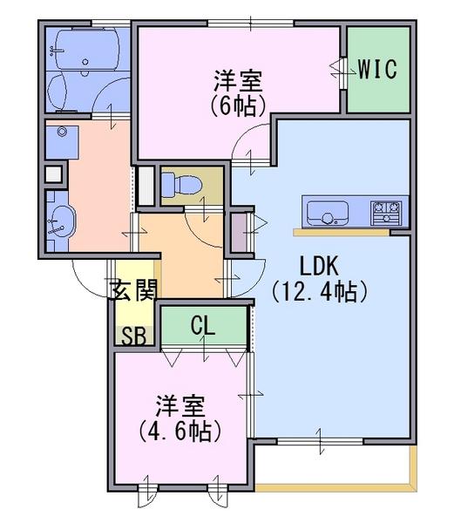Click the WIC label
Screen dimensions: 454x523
377,69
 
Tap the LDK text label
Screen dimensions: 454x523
320,266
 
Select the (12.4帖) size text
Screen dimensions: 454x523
320,291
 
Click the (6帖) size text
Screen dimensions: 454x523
238,105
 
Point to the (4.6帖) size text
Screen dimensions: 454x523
180,431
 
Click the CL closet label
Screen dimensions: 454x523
203,325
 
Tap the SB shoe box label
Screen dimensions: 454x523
134,336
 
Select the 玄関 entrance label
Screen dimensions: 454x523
133,290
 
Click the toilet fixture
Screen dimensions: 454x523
181,185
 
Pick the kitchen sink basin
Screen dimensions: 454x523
328,214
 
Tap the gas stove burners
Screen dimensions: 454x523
386,214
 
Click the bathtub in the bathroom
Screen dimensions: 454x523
86,49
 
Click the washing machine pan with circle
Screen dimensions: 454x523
63,142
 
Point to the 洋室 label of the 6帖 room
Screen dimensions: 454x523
238,81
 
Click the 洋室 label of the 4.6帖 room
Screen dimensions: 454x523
180,406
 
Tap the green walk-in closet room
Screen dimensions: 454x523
378,70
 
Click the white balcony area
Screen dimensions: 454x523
333,464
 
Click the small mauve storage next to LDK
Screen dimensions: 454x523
240,232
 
